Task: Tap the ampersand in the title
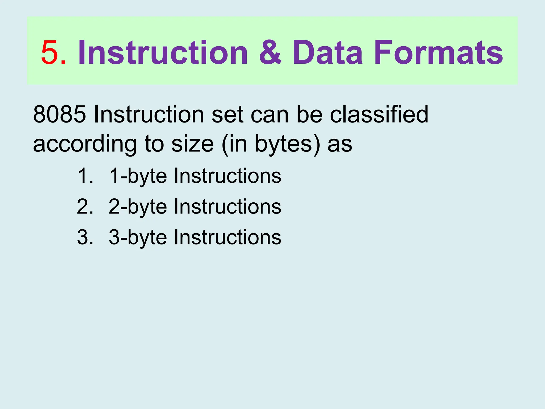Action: (270, 52)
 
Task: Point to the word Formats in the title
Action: (438, 52)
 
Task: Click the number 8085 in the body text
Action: (59, 114)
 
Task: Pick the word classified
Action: (379, 114)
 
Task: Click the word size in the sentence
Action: (192, 144)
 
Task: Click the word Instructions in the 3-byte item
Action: (227, 237)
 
